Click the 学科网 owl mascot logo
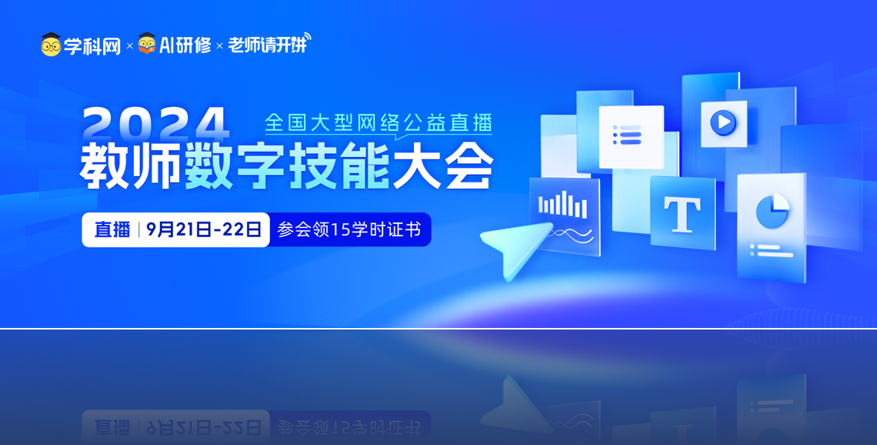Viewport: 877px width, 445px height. click(51, 44)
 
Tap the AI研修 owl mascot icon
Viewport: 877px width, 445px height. click(146, 44)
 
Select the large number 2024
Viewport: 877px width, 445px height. click(156, 123)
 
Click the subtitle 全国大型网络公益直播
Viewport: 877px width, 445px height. click(378, 122)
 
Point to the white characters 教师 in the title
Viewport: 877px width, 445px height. click(130, 166)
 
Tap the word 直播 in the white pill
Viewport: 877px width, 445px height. click(112, 229)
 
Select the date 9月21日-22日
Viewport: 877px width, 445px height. click(204, 229)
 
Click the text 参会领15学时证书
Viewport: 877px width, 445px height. click(349, 229)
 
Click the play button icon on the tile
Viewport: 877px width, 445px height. click(723, 122)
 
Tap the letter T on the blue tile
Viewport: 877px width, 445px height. click(682, 214)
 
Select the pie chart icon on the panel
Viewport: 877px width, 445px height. click(772, 211)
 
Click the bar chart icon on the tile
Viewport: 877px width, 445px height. click(562, 205)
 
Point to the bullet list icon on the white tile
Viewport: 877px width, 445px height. click(627, 135)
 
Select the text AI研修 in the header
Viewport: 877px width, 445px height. click(185, 45)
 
